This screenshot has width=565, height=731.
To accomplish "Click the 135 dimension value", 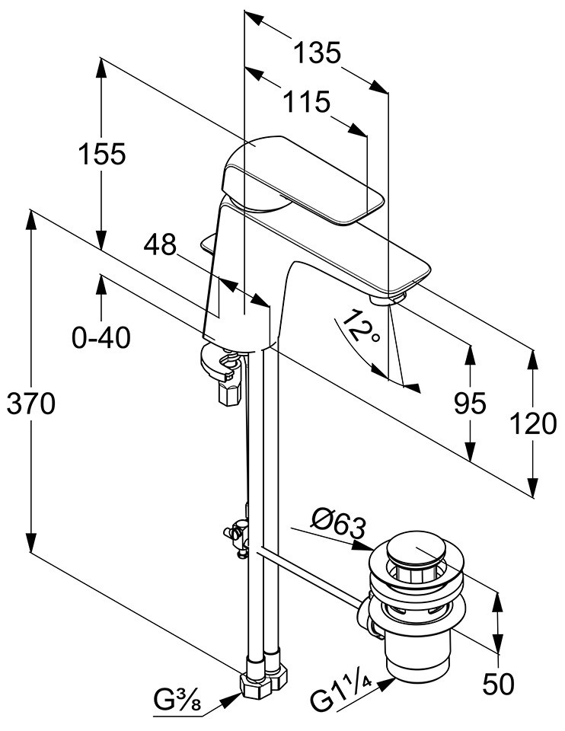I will click(318, 53).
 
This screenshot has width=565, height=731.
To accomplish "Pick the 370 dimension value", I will click(31, 404).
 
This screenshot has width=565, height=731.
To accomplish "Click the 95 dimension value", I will click(470, 404).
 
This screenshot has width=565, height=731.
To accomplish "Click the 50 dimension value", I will click(499, 683).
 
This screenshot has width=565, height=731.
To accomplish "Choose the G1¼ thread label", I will click(340, 694).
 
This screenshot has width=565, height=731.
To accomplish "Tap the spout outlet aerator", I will click(396, 295).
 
